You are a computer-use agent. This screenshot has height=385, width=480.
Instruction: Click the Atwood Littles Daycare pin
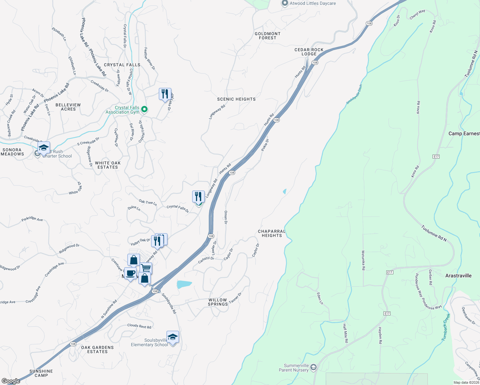coord(285,4)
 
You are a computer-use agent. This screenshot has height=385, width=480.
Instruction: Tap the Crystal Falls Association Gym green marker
coord(144,109)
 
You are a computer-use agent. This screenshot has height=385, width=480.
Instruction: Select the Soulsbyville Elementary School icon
coord(173,337)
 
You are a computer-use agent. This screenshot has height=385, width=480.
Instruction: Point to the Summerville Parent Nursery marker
coord(313,367)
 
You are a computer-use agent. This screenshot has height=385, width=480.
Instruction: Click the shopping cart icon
coord(146,268)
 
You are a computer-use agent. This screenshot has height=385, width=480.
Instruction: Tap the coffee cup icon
coord(130,274)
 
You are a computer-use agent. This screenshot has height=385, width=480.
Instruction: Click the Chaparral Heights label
coord(272,233)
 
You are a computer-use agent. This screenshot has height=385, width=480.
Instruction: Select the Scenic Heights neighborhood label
coord(236,99)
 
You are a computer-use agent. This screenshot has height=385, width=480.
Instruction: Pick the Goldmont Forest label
coord(268,36)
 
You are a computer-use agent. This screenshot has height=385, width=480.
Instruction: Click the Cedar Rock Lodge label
coord(309,52)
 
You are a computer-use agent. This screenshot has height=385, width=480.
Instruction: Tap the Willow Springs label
coord(218,302)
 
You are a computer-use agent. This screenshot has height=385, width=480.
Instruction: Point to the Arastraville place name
coord(459,276)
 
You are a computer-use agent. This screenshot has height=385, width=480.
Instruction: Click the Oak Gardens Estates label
coord(98,349)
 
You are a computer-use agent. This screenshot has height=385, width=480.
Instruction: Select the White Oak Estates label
coord(108,165)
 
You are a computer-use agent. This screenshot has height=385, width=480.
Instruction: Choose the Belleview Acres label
coord(68,107)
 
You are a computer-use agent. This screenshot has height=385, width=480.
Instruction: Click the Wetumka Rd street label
coord(363,260)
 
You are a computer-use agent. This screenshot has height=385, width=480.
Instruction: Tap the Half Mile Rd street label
coord(345,333)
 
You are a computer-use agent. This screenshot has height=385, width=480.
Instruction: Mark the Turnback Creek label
coord(446,327)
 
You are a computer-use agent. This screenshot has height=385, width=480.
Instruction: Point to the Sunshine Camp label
coord(41,373)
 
